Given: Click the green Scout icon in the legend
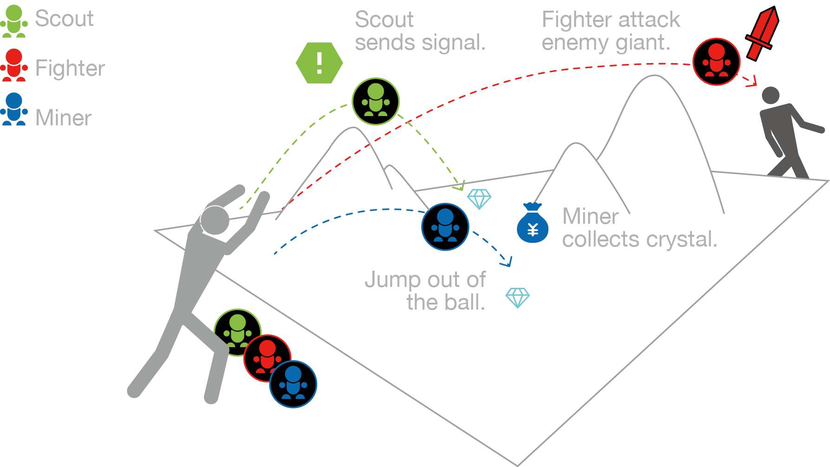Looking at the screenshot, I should [14, 21].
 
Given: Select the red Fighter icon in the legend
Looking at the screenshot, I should [14, 65].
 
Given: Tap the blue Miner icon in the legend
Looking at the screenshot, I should [14, 110].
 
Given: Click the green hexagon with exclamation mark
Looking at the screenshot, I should [319, 63].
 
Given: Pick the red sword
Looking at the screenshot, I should [762, 33].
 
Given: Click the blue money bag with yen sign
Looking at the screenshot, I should [533, 224].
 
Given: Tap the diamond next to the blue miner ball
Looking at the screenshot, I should [479, 199].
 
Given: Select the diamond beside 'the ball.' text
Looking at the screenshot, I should [517, 298].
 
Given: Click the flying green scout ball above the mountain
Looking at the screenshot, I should [375, 101].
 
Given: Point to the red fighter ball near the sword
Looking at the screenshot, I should [716, 62].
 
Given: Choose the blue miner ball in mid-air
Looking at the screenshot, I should [445, 227].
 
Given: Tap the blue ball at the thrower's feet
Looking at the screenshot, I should [293, 384].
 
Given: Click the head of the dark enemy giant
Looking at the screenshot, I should [771, 96].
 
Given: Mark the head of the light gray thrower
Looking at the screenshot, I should [215, 220].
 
